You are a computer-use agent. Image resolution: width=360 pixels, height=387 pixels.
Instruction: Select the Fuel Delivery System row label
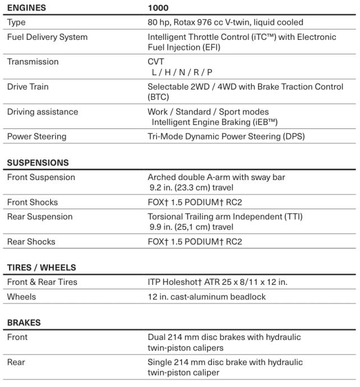point(47,37)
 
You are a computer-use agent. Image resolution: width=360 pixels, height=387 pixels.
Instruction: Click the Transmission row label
point(33,62)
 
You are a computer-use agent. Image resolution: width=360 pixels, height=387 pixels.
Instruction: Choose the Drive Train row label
point(29,86)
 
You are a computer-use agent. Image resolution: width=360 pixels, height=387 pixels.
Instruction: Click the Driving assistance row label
point(43,112)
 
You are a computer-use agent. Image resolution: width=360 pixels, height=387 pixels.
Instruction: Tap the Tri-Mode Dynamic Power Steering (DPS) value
point(226,136)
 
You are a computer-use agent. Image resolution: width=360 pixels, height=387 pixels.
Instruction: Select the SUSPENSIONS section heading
point(38,163)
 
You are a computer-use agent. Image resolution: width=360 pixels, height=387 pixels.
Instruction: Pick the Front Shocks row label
point(32,202)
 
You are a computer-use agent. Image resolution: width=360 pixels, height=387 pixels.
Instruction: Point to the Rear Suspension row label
point(40,216)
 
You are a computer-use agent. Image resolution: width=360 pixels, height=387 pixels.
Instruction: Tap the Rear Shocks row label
point(31,242)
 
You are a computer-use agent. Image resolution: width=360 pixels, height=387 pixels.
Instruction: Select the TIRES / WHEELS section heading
point(41,268)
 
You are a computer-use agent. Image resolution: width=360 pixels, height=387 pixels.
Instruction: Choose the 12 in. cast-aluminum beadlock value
point(206,297)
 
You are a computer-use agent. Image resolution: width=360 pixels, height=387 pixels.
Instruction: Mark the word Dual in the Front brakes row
point(156,337)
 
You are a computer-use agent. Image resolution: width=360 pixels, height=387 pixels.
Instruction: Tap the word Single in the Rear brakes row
point(159,362)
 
